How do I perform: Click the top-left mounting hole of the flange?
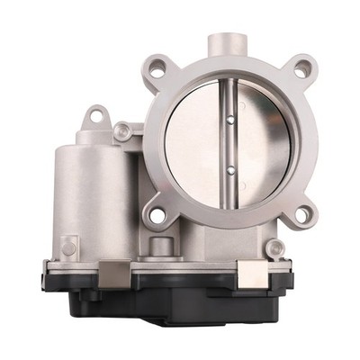pyautogui.click(x=158, y=65)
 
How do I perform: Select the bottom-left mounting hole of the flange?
pyautogui.click(x=157, y=216)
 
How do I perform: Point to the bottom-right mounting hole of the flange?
pyautogui.click(x=303, y=214)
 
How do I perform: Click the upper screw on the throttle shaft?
pyautogui.click(x=231, y=117)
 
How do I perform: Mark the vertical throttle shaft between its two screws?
pyautogui.click(x=231, y=142)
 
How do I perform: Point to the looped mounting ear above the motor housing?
pyautogui.click(x=97, y=115)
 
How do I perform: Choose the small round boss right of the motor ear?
pyautogui.click(x=123, y=131)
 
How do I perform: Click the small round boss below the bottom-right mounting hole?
pyautogui.click(x=275, y=247)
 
